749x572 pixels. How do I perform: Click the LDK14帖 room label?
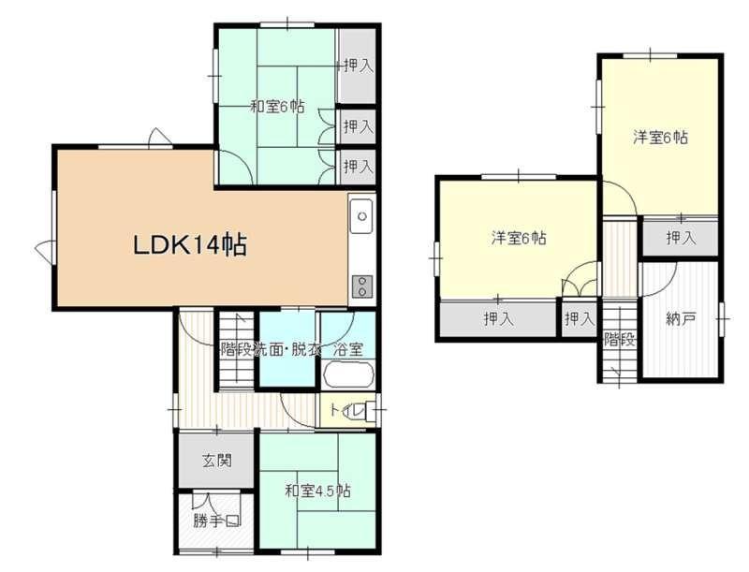click(190, 245)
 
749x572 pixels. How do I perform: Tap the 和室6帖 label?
click(277, 106)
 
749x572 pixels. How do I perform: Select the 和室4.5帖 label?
click(317, 491)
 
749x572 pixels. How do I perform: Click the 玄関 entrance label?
click(217, 461)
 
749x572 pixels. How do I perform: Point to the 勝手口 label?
click(216, 520)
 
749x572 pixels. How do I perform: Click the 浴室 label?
click(347, 349)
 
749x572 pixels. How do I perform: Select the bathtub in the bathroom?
click(348, 374)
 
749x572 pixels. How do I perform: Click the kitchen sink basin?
click(361, 216)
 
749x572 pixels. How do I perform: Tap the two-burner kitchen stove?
click(362, 287)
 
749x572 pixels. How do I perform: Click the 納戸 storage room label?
click(681, 319)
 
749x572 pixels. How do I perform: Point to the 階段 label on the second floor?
click(620, 340)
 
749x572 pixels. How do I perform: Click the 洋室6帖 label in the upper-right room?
click(661, 138)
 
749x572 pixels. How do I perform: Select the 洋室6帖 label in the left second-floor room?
click(519, 237)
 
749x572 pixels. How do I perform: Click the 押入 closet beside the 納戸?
click(681, 237)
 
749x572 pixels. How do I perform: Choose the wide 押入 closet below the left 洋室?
click(498, 319)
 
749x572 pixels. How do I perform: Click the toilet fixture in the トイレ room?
click(366, 411)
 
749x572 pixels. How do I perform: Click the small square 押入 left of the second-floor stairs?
click(579, 318)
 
